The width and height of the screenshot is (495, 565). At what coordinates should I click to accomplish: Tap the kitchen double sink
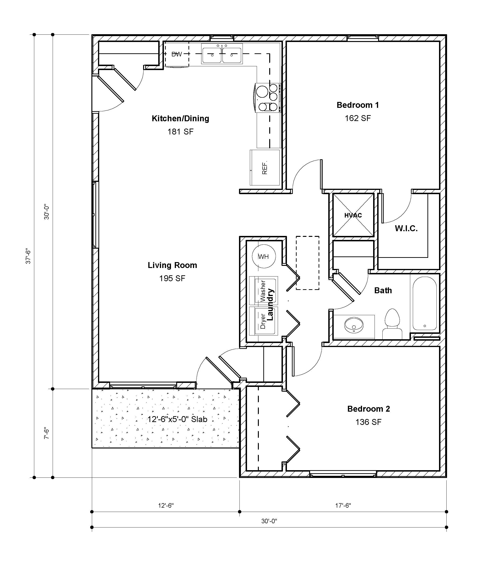coord(222,54)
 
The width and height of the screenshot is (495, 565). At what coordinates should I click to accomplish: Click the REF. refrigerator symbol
coord(265,168)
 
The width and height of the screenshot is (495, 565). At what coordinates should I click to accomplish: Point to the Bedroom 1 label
coord(358,105)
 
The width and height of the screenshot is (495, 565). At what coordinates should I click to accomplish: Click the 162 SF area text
coord(358,118)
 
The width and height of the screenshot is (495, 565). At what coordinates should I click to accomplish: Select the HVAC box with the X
coord(353,215)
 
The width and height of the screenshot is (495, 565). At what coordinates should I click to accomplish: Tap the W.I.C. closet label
coord(406,228)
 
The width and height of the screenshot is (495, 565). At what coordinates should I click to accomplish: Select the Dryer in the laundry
coord(263,321)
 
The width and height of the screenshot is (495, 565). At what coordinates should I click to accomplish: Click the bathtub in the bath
coord(425,303)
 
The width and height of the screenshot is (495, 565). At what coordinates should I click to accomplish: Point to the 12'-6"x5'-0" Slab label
coord(177,419)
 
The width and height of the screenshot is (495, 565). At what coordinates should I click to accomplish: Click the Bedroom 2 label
coord(368,409)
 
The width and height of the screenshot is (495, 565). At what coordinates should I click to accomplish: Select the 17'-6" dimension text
coord(343,505)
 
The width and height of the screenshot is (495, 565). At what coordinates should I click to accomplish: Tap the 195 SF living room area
coord(172,278)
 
